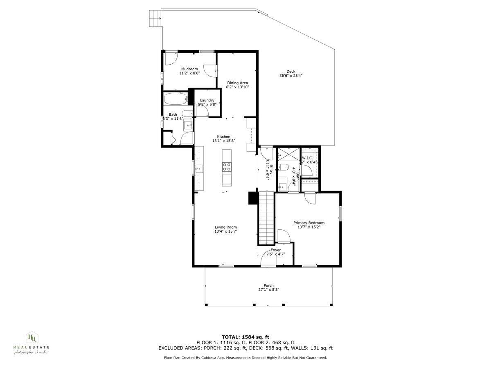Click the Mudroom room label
point(189,69)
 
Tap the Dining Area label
point(238,83)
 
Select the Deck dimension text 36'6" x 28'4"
point(291,76)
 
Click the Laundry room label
point(207,100)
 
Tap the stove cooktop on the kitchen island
point(227,166)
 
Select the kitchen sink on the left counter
point(199,168)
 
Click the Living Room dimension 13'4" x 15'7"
point(226,231)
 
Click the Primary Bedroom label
point(309,223)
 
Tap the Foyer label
point(275,250)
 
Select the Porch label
point(268,285)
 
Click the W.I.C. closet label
point(308,158)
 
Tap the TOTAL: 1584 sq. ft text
point(245,337)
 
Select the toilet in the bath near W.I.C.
point(283,167)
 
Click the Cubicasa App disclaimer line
point(245,357)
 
